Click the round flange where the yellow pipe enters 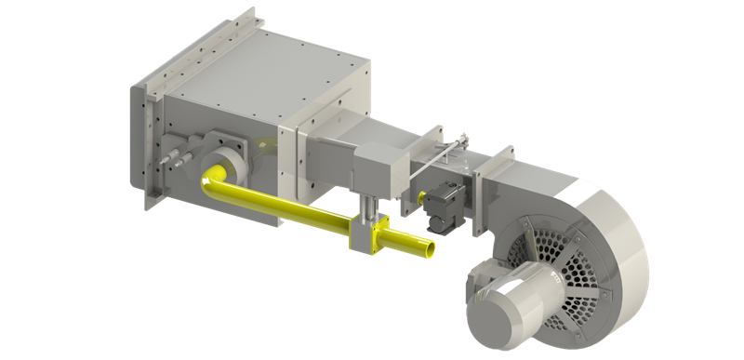(x=224, y=162)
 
